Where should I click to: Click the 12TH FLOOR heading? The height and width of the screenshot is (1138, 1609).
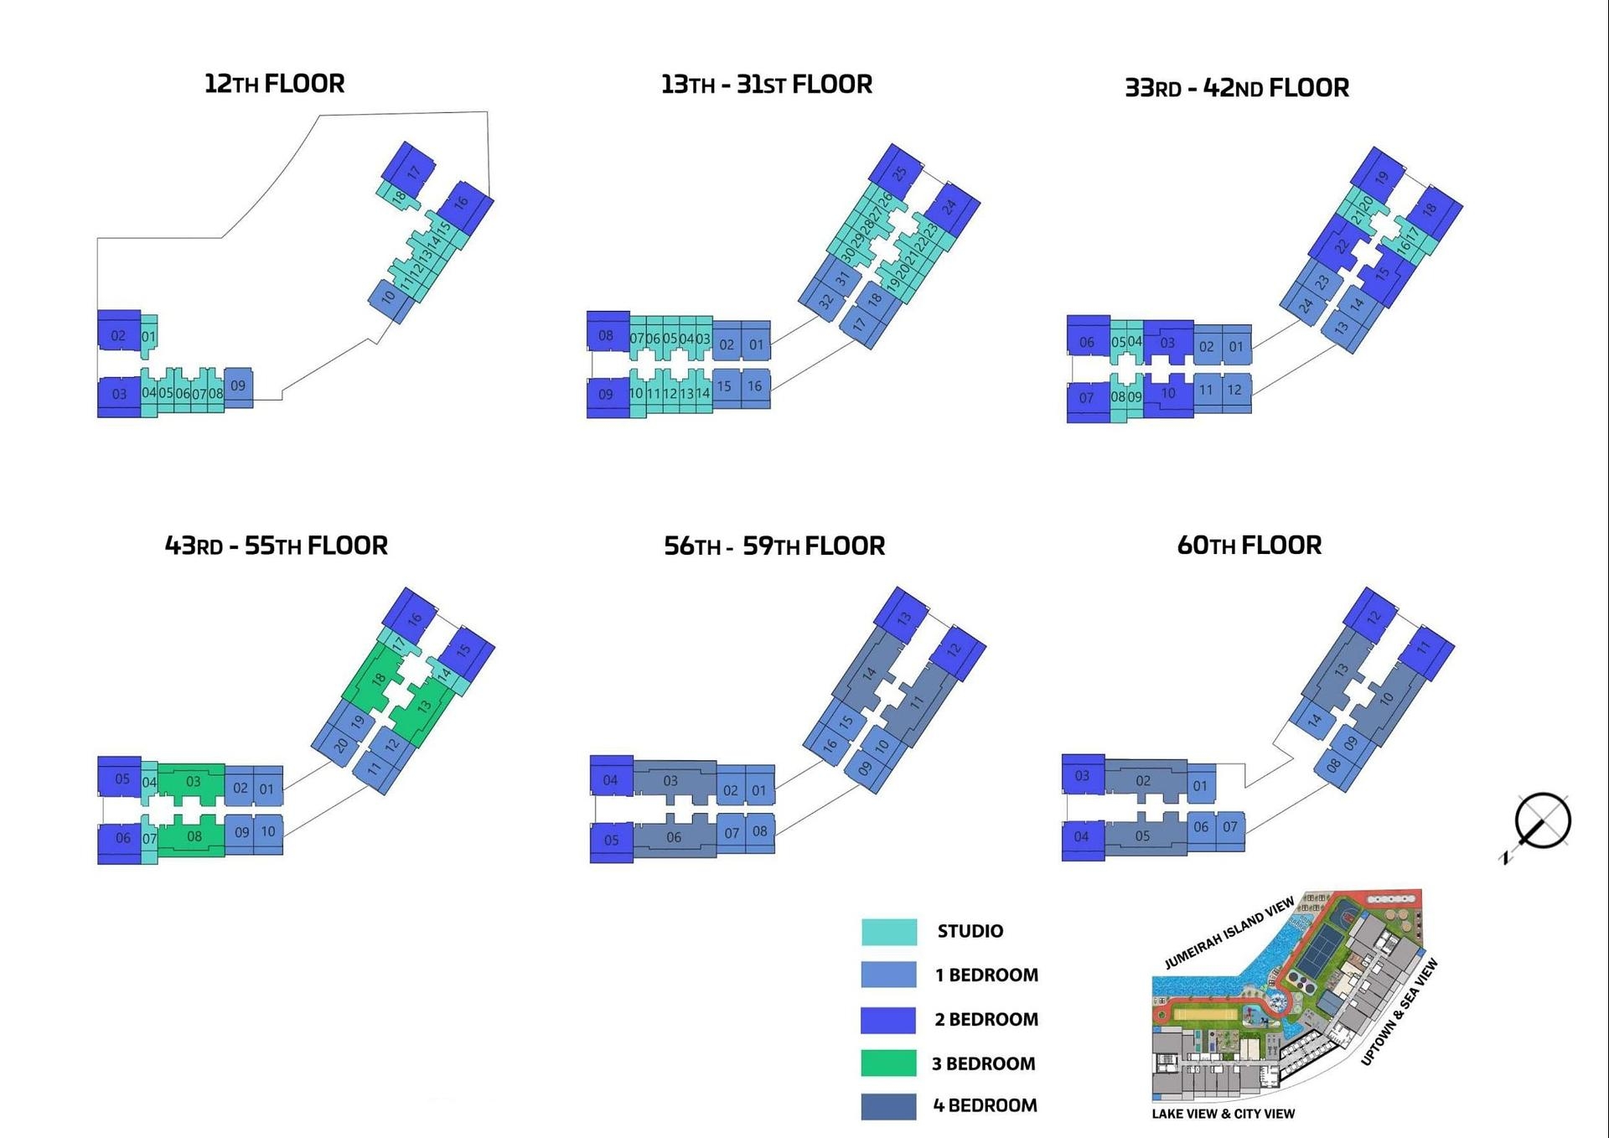[x=274, y=84]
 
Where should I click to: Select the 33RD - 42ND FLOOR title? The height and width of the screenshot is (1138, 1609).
[x=1236, y=88]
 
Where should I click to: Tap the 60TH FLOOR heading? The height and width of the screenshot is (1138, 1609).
[x=1249, y=546]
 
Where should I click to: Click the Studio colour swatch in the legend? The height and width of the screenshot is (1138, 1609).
[x=888, y=932]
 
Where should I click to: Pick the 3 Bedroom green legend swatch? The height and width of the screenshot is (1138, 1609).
[x=888, y=1063]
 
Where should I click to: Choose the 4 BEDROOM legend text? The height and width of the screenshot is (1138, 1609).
[x=985, y=1106]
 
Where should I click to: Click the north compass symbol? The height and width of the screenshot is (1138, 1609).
[x=1541, y=821]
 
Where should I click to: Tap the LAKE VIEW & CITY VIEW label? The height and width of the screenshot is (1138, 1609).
[x=1223, y=1114]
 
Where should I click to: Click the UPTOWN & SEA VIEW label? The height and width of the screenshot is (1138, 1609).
[x=1399, y=1012]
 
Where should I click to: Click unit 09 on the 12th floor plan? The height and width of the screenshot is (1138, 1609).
[x=238, y=386]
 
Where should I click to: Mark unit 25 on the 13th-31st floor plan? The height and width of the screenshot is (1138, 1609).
[x=899, y=173]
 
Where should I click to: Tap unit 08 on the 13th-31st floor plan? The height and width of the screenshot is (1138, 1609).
[x=606, y=336]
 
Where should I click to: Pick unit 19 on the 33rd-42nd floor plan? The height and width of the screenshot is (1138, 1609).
[x=1381, y=177]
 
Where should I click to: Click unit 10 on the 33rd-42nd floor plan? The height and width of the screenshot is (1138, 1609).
[x=1168, y=393]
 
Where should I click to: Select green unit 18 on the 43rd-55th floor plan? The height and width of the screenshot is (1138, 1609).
[x=377, y=680]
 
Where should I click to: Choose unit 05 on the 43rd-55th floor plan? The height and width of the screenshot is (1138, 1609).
[x=122, y=778]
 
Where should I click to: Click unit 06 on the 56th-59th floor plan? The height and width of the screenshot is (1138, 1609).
[x=674, y=837]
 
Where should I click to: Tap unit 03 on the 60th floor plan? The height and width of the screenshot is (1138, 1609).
[x=1082, y=775]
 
